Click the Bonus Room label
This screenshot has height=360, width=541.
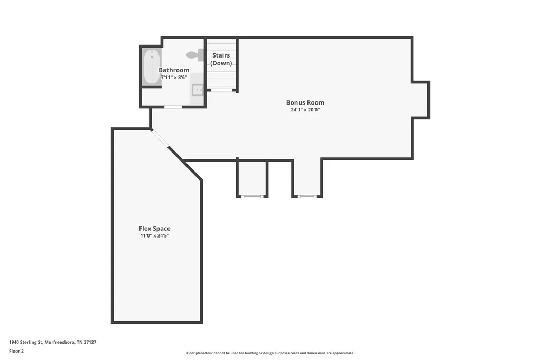[305, 102]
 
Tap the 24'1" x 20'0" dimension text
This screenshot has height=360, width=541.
[305, 110]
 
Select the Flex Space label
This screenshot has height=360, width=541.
[155, 228]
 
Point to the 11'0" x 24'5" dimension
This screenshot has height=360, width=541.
[155, 236]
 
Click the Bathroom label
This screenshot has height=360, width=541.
[174, 70]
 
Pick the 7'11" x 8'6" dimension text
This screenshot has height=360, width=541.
[174, 77]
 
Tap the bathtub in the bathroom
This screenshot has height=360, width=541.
[152, 67]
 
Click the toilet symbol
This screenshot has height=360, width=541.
[195, 55]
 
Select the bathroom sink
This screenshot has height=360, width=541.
[198, 90]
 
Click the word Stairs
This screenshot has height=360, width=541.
[221, 55]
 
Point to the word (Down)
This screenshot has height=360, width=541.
[221, 63]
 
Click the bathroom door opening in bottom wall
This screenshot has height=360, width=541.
[173, 107]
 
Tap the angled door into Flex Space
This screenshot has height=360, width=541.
[160, 138]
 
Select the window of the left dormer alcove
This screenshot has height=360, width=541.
[252, 196]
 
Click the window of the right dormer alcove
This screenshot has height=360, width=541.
[307, 196]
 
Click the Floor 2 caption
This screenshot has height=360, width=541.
[16, 351]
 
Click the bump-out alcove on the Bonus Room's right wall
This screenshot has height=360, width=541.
[420, 100]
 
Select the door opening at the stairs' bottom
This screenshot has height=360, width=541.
[221, 90]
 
